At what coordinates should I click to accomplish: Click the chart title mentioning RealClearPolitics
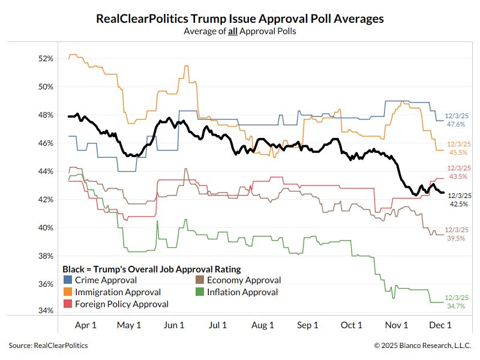(x=240, y=19)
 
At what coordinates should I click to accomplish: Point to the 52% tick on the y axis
(x=46, y=59)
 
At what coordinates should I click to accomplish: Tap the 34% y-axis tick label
(x=46, y=311)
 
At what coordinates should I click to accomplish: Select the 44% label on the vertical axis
(x=46, y=171)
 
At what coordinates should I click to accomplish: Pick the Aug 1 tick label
(x=263, y=325)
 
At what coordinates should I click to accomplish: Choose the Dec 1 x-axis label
(x=440, y=325)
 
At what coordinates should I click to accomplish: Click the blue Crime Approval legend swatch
(x=68, y=280)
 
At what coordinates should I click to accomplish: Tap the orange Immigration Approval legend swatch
(x=68, y=292)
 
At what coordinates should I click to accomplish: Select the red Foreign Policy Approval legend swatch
(x=68, y=304)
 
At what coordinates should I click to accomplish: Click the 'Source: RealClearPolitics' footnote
(x=48, y=346)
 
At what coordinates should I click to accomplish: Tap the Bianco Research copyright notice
(x=422, y=346)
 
